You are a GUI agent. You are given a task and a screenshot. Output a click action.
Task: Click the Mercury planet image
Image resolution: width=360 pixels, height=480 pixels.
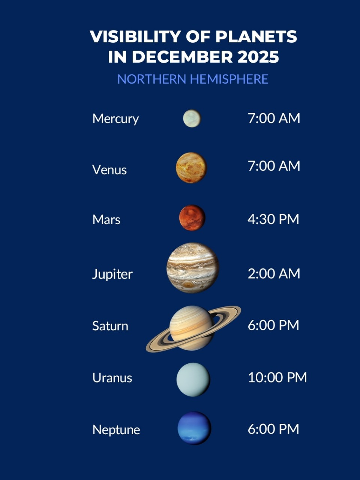(192, 118)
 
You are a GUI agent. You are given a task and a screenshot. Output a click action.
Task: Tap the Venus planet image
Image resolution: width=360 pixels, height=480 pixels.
(192, 168)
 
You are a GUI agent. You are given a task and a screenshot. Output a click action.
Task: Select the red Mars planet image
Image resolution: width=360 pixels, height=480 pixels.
(192, 217)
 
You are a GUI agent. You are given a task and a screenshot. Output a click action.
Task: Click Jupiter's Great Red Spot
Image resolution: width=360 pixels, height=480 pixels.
(187, 285)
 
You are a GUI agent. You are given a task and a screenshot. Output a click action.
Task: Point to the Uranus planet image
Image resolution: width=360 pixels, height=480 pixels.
(193, 379)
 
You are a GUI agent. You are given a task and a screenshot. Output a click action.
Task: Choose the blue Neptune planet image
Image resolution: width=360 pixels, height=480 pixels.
(194, 428)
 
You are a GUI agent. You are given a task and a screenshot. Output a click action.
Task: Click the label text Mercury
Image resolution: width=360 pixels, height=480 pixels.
(115, 119)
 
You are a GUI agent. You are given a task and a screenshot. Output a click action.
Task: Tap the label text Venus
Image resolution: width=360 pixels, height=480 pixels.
(109, 170)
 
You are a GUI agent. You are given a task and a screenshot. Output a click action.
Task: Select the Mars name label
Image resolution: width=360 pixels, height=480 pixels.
(106, 219)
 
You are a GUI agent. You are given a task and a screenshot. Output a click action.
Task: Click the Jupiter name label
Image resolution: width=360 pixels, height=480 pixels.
(112, 274)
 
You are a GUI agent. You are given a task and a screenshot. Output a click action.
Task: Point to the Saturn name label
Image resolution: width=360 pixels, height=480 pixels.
(110, 326)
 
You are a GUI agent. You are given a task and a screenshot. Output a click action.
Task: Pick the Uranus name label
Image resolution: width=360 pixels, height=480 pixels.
(112, 378)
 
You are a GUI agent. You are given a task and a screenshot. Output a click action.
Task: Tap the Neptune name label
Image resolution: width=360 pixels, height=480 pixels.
(116, 430)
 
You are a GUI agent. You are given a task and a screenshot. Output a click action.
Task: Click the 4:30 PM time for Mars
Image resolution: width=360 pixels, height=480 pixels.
(273, 219)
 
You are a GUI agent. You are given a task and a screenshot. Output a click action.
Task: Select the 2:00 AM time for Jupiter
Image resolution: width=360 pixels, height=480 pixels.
(274, 274)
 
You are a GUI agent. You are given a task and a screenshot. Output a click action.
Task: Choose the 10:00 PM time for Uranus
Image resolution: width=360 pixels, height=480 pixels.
(277, 377)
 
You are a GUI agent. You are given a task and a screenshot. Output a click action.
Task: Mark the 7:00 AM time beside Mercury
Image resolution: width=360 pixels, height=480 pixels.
(274, 118)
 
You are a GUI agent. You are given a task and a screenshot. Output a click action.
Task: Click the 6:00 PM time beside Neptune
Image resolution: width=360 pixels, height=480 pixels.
(273, 429)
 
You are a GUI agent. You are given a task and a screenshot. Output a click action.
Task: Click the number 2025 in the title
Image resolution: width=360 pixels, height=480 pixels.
(258, 57)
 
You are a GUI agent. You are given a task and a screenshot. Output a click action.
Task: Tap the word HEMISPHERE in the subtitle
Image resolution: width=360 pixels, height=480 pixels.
(229, 79)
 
